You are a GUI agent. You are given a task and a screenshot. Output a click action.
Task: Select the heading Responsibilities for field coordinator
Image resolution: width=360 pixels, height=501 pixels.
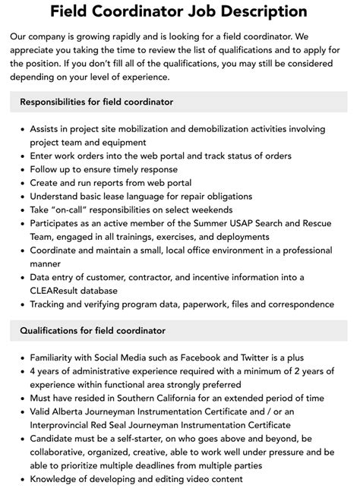point(96,102)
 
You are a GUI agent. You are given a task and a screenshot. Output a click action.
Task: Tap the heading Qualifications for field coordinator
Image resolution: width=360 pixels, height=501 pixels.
point(93,330)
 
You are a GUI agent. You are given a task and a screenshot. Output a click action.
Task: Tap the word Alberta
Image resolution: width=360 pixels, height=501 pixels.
point(74,411)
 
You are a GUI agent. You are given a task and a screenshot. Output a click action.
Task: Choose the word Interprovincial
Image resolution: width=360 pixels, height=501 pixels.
point(65,425)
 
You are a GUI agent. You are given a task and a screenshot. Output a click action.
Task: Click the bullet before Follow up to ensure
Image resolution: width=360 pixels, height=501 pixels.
point(21,169)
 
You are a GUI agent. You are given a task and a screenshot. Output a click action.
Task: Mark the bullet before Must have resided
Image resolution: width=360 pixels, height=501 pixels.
point(21,398)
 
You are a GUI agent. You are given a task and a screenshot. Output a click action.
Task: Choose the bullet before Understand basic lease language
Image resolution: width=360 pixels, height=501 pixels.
point(21,197)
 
